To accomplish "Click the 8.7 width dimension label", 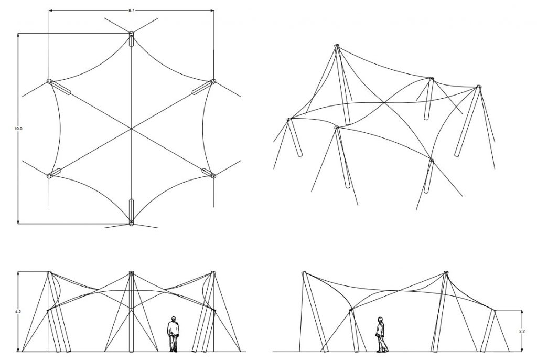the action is coord(132,10).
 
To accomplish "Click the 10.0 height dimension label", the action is coord(18,129).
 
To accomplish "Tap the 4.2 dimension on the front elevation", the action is coord(18,312).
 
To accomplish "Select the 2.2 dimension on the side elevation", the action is coord(522,331).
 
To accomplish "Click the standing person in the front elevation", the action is coord(173,334).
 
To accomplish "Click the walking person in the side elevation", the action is coord(381,334).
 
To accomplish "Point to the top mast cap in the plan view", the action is coord(131,34).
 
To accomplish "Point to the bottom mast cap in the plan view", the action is coord(131,224).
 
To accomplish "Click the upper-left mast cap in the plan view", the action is coord(49,81).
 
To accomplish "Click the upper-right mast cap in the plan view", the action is coord(213,81).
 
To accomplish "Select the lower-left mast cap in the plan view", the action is coord(49,176).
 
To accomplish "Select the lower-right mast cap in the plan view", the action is coord(213,176).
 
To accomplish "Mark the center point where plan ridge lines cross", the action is coord(131,129).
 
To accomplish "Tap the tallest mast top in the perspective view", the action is coord(337,46).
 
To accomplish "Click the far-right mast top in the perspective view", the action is coord(479,87).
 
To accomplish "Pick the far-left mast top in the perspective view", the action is coord(289,119).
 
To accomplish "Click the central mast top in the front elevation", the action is coord(131,272).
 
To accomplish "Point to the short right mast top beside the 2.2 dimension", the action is coord(494,311).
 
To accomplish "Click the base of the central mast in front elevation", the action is coord(131,351).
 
